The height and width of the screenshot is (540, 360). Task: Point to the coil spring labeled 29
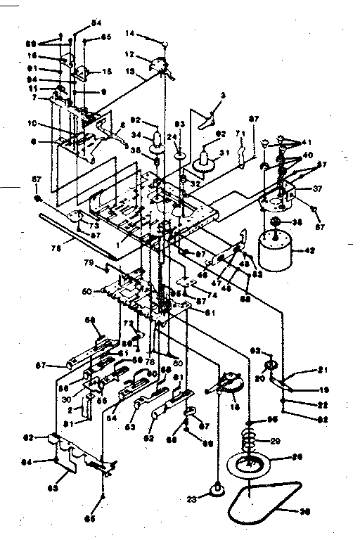click(x=250, y=442)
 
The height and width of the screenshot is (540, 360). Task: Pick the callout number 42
click(x=311, y=250)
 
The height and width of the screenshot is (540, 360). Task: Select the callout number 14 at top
click(x=131, y=33)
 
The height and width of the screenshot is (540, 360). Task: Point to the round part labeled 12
click(x=162, y=65)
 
